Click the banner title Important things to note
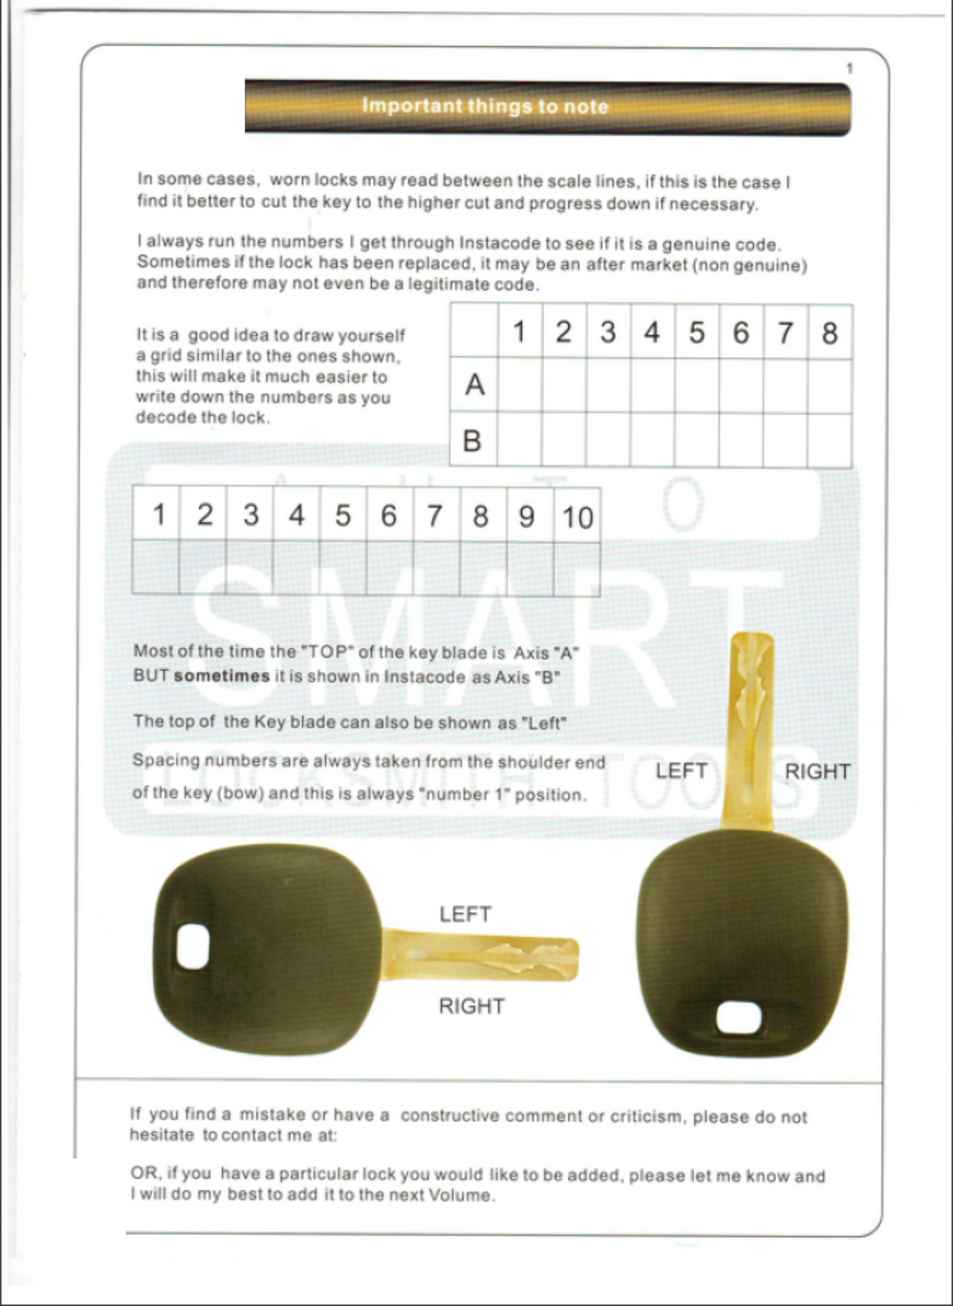[x=485, y=106]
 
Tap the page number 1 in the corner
[x=849, y=69]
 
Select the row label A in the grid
[x=474, y=385]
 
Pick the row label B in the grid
[x=472, y=441]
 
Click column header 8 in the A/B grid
[x=830, y=333]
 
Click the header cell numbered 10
[x=577, y=517]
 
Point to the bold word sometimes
[x=222, y=676]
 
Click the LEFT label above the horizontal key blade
[x=465, y=914]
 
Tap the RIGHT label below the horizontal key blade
[x=472, y=1006]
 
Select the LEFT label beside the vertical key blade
[x=681, y=771]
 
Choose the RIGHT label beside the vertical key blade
[x=817, y=771]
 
